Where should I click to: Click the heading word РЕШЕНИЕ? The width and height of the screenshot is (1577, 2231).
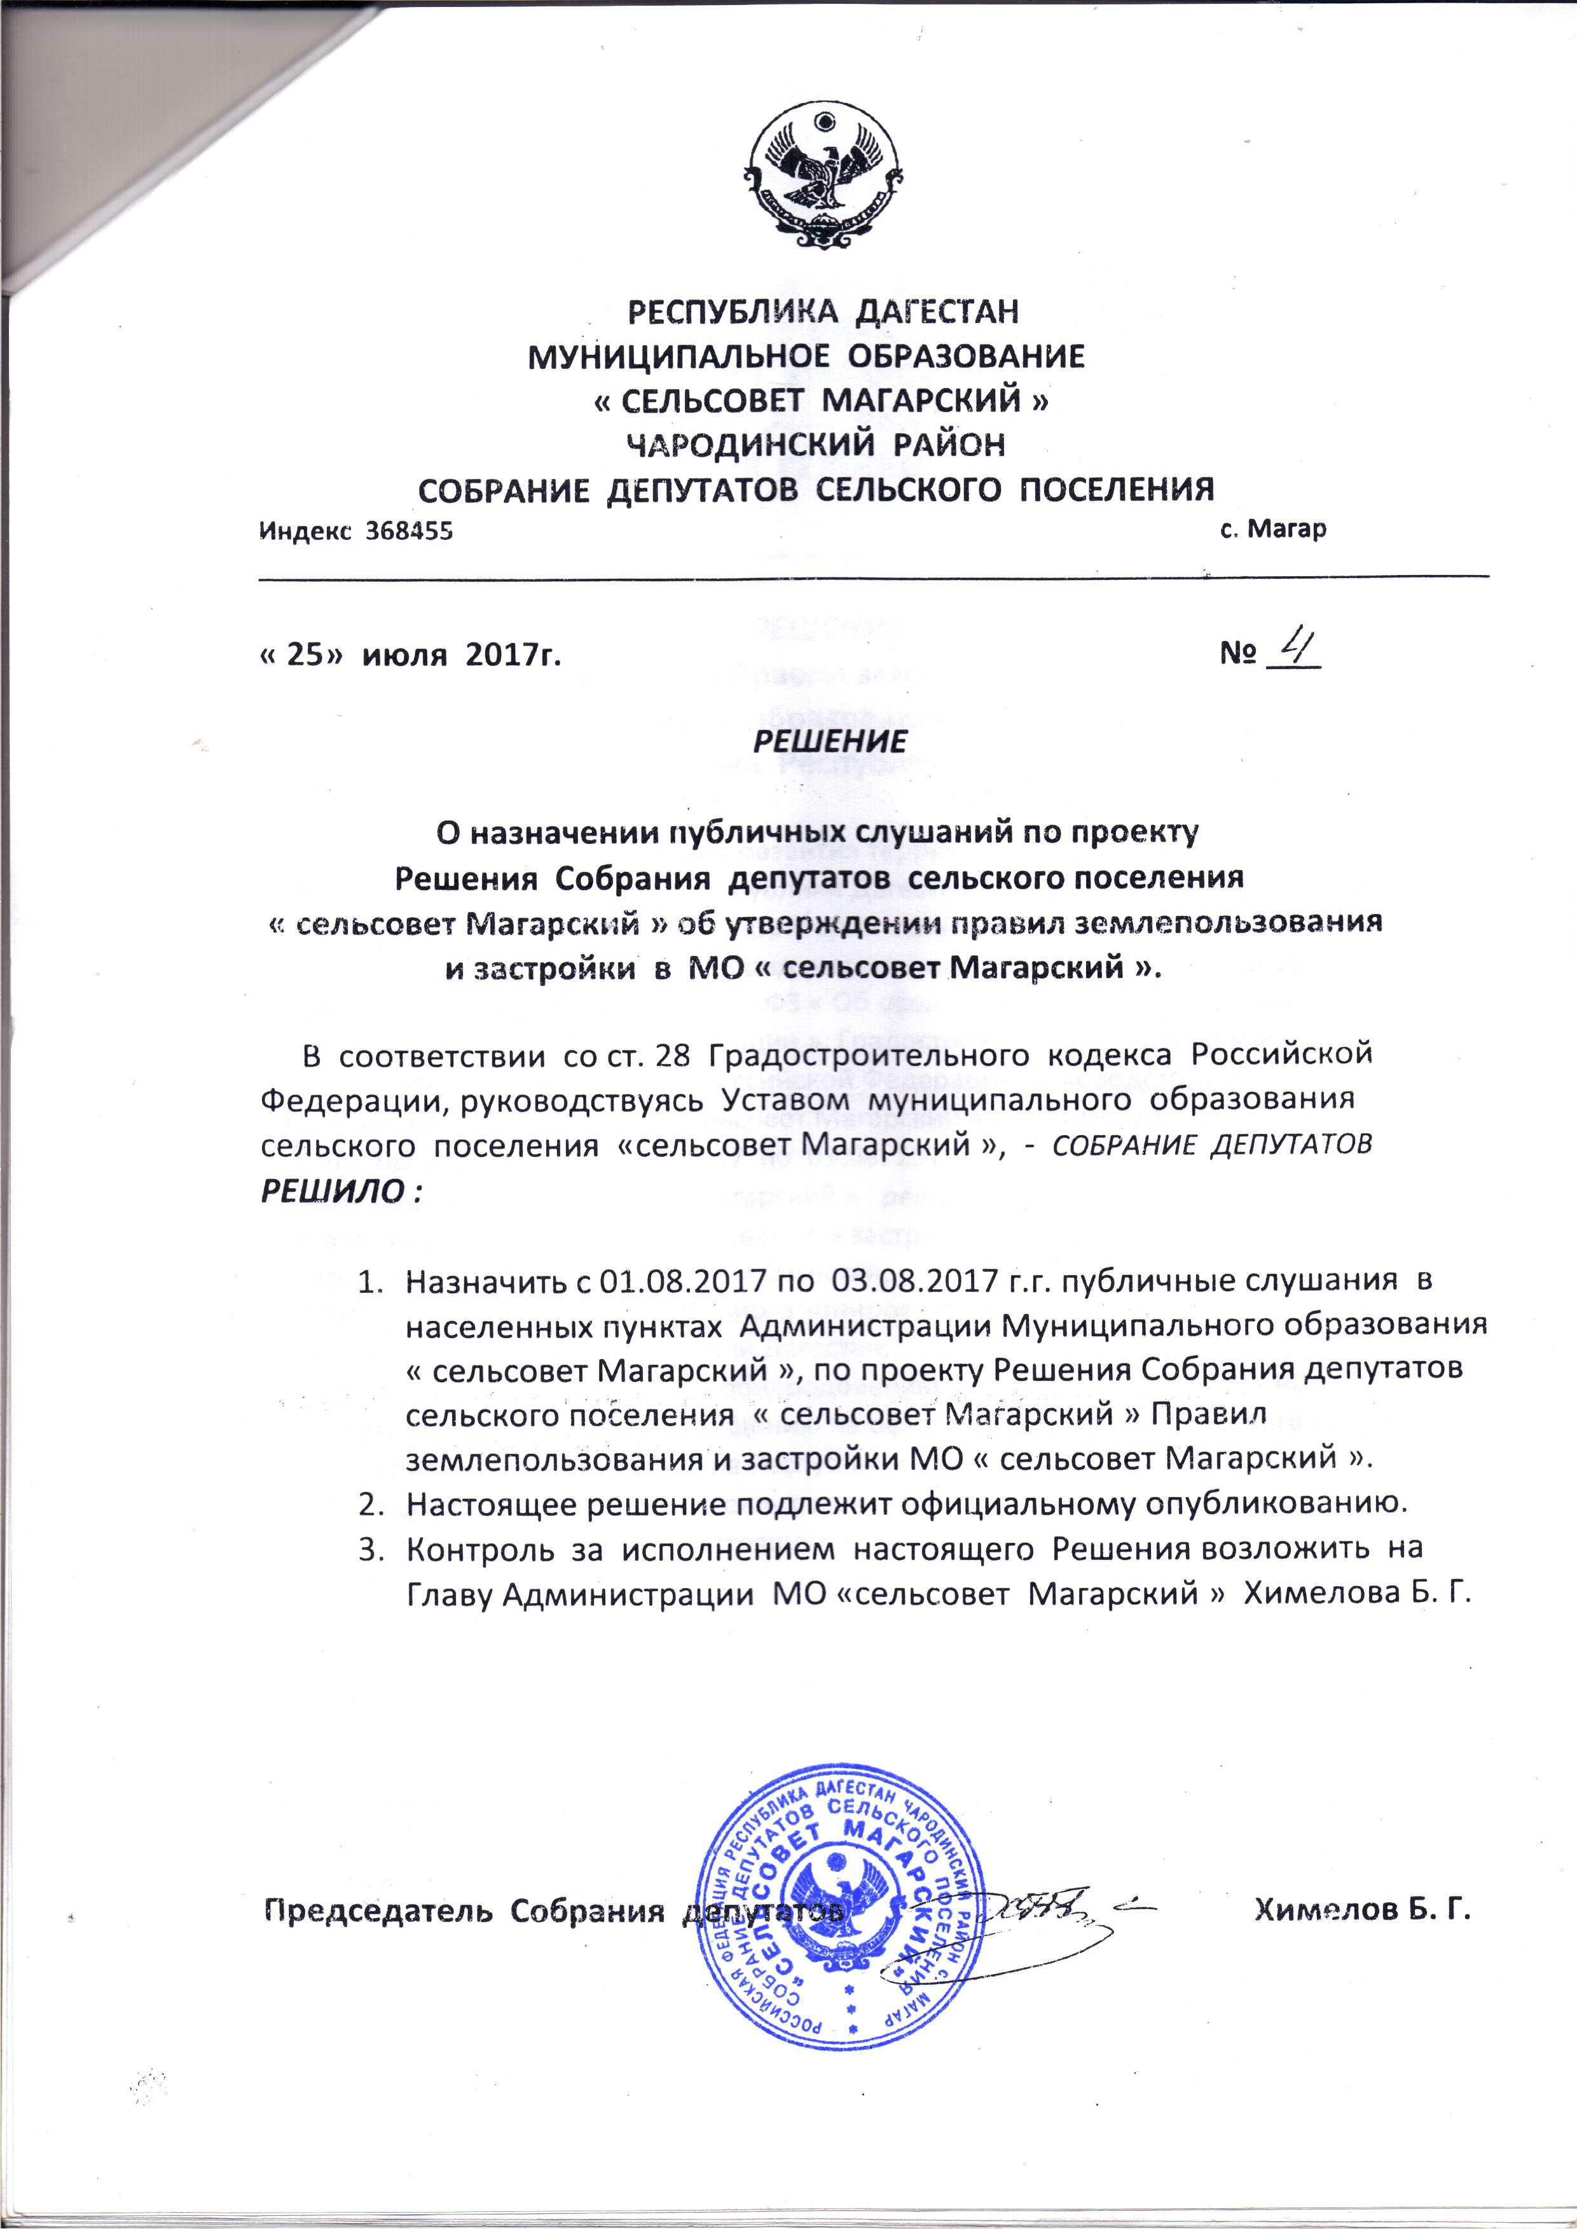coord(830,742)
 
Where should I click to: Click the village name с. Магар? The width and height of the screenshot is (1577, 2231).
coord(1273,530)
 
